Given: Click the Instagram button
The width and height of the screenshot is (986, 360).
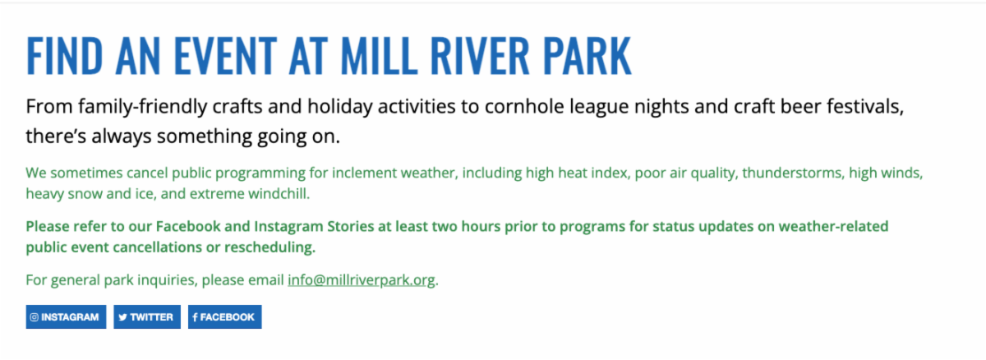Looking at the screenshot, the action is point(66,317).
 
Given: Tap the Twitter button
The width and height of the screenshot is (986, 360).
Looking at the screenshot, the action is point(147,317).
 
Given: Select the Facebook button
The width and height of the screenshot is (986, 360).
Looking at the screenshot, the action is point(225,317).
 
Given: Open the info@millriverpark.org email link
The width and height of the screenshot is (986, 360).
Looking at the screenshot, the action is point(362,280).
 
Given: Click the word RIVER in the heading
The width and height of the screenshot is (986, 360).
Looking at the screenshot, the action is point(479,56).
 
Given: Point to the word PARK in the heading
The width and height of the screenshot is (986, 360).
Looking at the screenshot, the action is point(587,56).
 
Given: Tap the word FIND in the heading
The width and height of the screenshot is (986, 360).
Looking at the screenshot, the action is point(64,56).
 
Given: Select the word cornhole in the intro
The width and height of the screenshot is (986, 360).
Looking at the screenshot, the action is point(524,107).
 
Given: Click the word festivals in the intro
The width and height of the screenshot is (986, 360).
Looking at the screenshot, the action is point(865,107).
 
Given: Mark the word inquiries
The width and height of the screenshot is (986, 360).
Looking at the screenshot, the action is point(168,280).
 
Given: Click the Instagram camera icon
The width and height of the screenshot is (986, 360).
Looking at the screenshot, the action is point(34,317).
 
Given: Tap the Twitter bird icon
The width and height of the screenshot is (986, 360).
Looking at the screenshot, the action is point(122,317).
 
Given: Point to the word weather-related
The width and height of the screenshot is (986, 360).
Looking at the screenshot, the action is point(834,226).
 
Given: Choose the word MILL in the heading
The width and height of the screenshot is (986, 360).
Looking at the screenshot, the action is point(379,56).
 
